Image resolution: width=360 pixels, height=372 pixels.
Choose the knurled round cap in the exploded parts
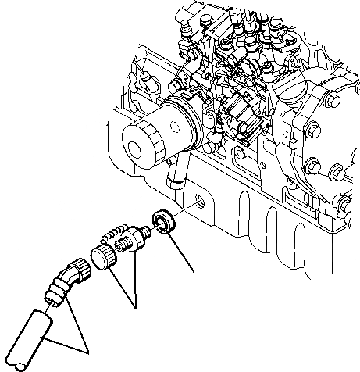tap(104, 256)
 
